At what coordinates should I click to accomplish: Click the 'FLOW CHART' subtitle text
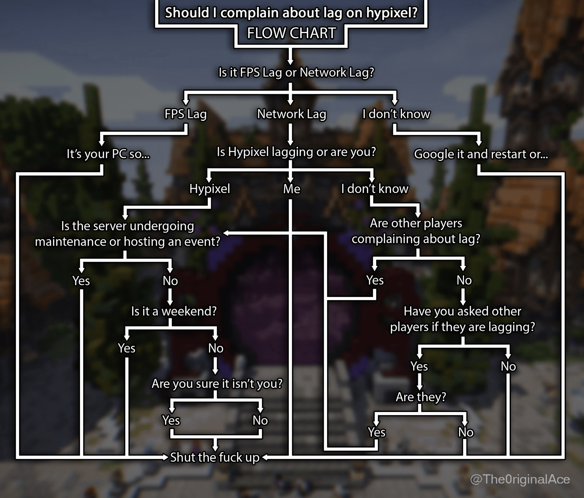coord(291,33)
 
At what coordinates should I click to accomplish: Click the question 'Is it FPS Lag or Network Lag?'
coord(296,72)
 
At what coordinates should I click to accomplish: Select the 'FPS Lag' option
coord(185,114)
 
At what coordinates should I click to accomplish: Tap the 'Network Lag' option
coord(292,114)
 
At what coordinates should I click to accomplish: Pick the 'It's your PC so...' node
coord(108,154)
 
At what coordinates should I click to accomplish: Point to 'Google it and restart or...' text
coord(481,154)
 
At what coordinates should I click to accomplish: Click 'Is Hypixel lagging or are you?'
coord(296,152)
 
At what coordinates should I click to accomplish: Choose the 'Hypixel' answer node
coord(210,189)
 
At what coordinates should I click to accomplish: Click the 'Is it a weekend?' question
coord(174,311)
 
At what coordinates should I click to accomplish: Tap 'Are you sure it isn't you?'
coord(217,384)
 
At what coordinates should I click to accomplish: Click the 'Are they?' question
coord(421,397)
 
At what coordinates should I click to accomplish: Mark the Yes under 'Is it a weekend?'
coord(127,348)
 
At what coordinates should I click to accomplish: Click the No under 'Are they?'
coord(466,432)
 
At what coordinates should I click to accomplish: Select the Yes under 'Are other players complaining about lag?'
coord(375,280)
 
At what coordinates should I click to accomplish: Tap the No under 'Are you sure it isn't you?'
coord(260,420)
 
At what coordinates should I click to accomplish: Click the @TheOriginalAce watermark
coord(520,479)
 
